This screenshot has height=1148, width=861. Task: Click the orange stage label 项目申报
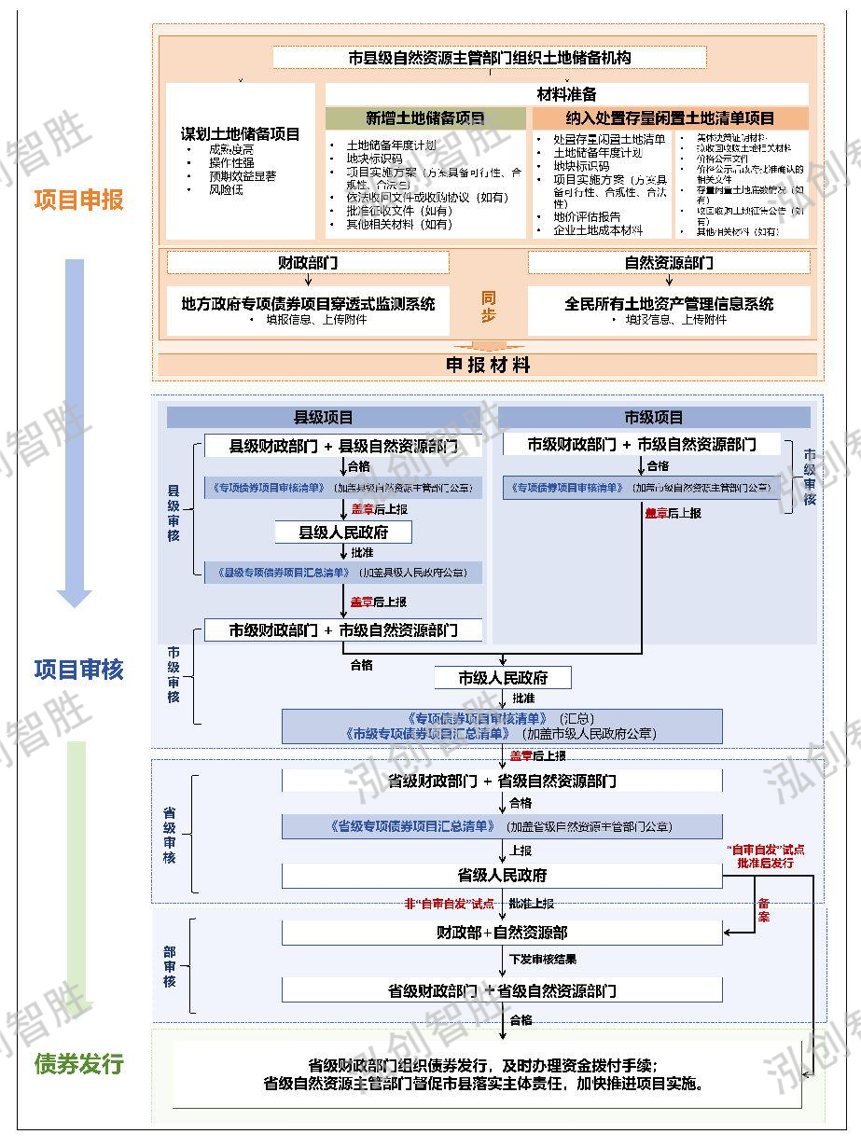tap(78, 201)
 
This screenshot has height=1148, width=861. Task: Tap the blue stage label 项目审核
tap(78, 669)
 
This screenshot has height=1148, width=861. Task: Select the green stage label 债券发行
tap(78, 1063)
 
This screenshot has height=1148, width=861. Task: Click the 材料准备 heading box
tap(566, 94)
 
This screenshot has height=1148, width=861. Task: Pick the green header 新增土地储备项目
tap(425, 118)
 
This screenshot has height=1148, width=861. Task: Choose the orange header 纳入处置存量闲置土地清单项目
tap(670, 118)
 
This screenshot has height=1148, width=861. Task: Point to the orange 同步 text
tap(488, 307)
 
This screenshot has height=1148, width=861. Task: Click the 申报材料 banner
tap(488, 365)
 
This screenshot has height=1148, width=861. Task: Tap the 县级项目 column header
tap(324, 418)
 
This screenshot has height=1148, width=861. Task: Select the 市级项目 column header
tap(653, 418)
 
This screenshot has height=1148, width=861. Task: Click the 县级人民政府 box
tap(343, 533)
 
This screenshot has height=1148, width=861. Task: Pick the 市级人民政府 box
tap(503, 678)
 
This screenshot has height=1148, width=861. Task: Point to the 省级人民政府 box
tap(502, 876)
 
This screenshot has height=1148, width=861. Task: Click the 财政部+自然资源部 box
tap(502, 932)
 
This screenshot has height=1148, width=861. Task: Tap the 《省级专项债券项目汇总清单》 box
tap(502, 826)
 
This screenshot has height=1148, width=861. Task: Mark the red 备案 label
tap(764, 910)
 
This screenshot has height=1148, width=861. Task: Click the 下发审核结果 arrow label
tap(543, 959)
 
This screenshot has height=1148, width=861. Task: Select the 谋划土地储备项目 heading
tap(241, 133)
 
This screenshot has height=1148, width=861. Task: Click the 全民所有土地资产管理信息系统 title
tap(669, 303)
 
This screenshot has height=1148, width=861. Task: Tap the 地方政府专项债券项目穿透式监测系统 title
tap(308, 303)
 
